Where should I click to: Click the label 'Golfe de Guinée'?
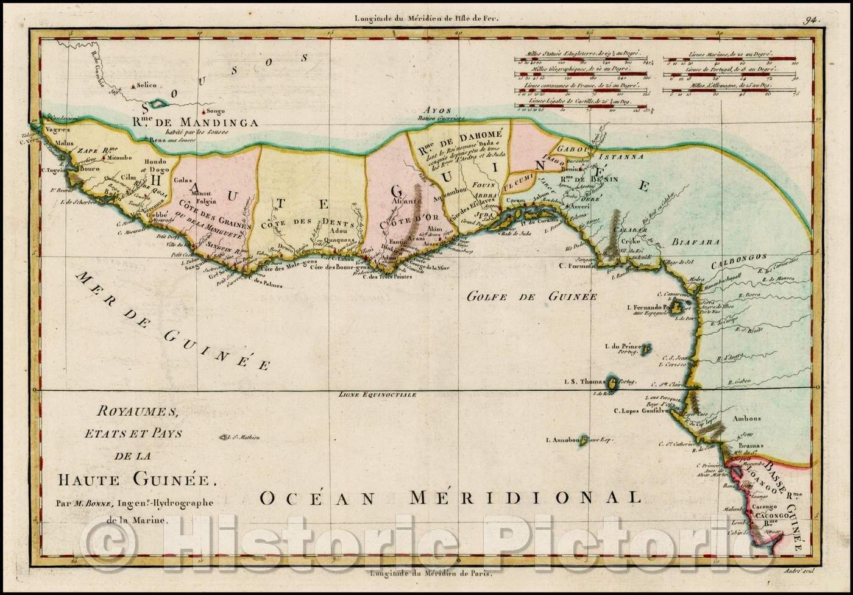tap(530, 297)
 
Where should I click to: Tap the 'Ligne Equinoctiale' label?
tap(378, 394)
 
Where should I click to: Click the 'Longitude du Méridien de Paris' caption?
tap(426, 573)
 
